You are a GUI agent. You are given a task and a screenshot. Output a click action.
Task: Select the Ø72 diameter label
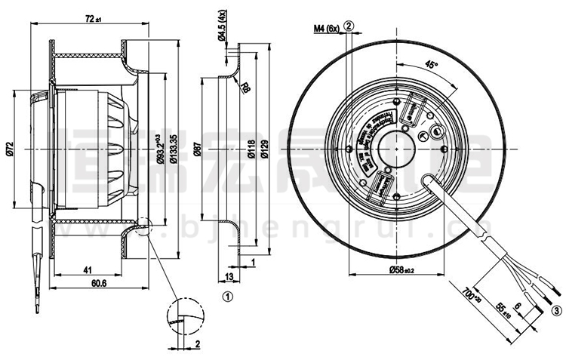point(10,150)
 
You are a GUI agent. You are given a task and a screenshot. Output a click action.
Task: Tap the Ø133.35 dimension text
point(173,148)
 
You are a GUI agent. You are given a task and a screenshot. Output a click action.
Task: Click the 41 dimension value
point(88,269)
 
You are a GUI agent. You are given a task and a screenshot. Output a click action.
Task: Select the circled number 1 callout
point(227,297)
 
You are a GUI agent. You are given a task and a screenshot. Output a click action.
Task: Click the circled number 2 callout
point(349,26)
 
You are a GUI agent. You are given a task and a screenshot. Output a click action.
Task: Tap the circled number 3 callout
point(556,309)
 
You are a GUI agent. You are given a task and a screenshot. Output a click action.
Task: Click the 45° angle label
point(432,65)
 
